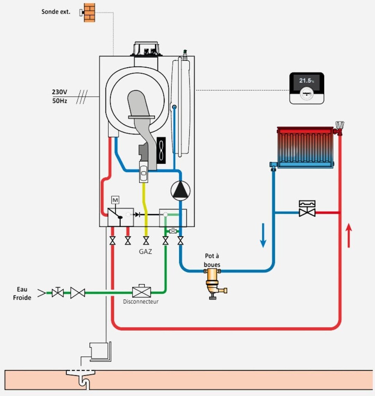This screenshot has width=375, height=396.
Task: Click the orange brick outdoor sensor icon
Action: (90, 13)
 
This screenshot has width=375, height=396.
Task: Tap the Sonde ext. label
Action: (56, 12)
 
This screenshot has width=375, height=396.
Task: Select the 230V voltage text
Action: (60, 92)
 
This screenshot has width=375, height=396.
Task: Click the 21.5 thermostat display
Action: (306, 81)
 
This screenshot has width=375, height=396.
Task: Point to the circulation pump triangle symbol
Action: (180, 190)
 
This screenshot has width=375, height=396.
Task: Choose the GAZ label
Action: (145, 252)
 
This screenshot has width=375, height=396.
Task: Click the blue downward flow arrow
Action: (263, 235)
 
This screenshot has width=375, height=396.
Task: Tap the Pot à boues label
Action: (212, 260)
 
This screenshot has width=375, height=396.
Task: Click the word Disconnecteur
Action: (141, 302)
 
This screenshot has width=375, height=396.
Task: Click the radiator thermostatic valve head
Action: (340, 126)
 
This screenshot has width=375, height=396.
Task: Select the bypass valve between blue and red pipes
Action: (307, 210)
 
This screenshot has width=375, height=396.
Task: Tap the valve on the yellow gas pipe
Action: (146, 240)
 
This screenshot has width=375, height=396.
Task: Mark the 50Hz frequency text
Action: (60, 101)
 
